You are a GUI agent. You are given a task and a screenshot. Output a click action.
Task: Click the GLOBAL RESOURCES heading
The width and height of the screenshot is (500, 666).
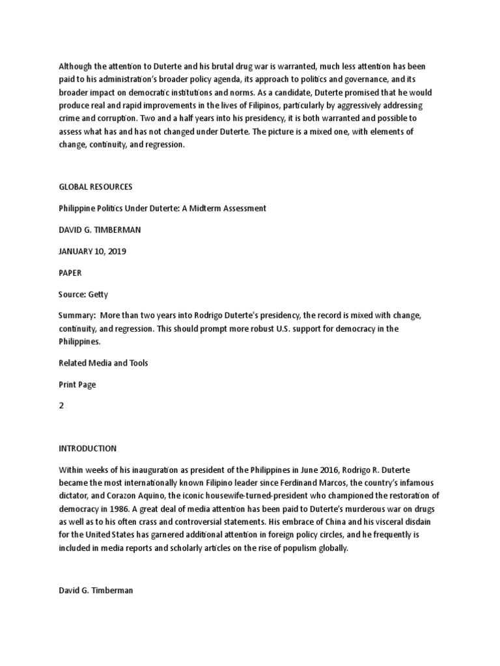pos(95,187)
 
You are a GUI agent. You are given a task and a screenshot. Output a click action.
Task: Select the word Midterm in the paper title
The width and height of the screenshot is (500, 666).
pos(199,208)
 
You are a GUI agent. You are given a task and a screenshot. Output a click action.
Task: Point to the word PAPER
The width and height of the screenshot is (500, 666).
pos(71,273)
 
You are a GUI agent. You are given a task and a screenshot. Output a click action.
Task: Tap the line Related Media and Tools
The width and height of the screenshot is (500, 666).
pos(104,363)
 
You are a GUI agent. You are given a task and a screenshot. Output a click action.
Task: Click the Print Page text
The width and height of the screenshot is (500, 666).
pos(77,384)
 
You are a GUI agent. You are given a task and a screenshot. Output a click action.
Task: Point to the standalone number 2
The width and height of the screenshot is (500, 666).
pos(61,406)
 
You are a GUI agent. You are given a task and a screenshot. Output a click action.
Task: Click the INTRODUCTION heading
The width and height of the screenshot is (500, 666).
pos(88,448)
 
